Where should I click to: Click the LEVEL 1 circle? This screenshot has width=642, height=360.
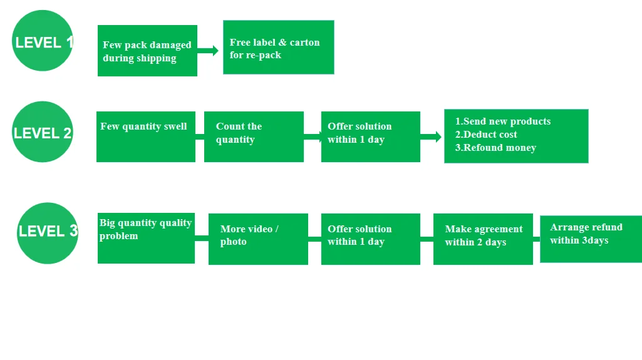[x=43, y=41]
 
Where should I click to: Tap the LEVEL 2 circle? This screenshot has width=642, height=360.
[x=43, y=131]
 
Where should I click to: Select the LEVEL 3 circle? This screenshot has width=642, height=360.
[x=48, y=232]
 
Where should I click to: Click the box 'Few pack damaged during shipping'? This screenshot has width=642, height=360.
[x=147, y=51]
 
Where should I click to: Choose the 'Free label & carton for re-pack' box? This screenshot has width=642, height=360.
[x=278, y=47]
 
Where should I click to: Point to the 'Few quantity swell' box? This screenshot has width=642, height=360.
[x=145, y=136]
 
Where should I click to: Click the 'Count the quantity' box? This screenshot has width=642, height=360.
[x=254, y=136]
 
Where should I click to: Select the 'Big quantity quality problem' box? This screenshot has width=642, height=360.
[x=146, y=238]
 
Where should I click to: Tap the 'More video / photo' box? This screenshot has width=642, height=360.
[x=258, y=239]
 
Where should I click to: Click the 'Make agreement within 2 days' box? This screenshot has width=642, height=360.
[x=483, y=239]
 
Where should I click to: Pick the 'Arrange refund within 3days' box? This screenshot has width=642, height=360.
[x=591, y=239]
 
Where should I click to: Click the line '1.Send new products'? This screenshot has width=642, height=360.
[x=502, y=121]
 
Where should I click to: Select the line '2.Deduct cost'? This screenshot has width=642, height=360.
[x=486, y=135]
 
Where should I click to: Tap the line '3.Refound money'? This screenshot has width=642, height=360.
[x=495, y=148]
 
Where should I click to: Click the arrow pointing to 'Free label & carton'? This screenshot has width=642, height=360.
[x=209, y=51]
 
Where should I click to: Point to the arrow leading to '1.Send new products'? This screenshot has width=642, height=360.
[x=432, y=136]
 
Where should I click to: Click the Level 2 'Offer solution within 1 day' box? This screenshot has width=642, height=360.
[x=370, y=136]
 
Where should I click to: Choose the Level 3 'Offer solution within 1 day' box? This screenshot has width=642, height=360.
[x=370, y=239]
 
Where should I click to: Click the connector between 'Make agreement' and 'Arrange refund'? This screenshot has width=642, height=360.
[x=537, y=239]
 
